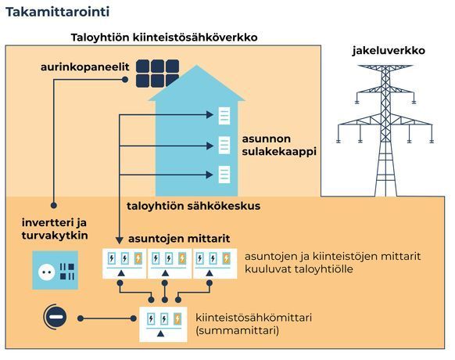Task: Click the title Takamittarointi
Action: coord(58,12)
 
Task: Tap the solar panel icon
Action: coord(158,74)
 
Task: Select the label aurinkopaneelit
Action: coord(84,67)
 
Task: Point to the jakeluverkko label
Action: coord(389,51)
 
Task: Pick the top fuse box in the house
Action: coord(224,116)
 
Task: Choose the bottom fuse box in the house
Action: coord(224,175)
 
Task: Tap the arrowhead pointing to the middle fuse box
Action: coord(210,146)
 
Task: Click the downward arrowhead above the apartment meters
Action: coord(120,240)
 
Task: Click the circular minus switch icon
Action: coord(56,317)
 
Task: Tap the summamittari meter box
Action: coord(163,324)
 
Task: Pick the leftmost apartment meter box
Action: coord(124,264)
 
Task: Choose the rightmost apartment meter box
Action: coord(215,264)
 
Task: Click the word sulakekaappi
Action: coord(279,152)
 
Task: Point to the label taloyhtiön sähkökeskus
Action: coord(194,206)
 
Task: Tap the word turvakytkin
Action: coord(55,236)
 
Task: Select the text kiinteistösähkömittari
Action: coord(253,317)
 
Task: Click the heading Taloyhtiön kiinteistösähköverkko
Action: coord(164,38)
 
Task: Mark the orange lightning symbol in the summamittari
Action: coord(177,319)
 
